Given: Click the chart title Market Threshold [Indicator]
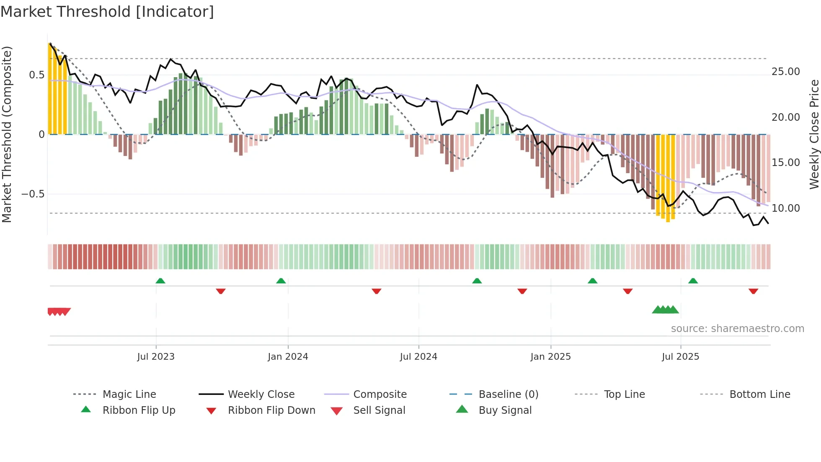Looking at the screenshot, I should coord(107,12).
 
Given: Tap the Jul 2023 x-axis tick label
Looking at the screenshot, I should coord(156,357).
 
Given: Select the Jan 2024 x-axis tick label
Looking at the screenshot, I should coord(288,357).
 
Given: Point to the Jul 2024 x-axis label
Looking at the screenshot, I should coord(418,357).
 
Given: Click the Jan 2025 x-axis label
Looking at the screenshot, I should coord(550,357).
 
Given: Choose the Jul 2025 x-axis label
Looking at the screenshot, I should coord(680,357).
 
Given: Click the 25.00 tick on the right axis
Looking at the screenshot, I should coord(786,72).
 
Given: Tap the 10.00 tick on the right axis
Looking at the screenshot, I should coord(786,208).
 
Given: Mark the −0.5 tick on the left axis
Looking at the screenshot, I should coord(33,194).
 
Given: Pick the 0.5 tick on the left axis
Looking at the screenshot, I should coord(36,75).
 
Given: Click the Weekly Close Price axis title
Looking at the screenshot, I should coord(814,134).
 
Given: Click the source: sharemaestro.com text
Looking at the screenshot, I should coord(737,329).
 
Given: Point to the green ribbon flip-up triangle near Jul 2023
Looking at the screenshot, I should coord(160,281).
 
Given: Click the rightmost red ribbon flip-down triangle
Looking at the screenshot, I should coord(753,291).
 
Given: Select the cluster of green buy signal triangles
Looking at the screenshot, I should coord(665,310).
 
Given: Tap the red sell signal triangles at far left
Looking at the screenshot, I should coord(59,311).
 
